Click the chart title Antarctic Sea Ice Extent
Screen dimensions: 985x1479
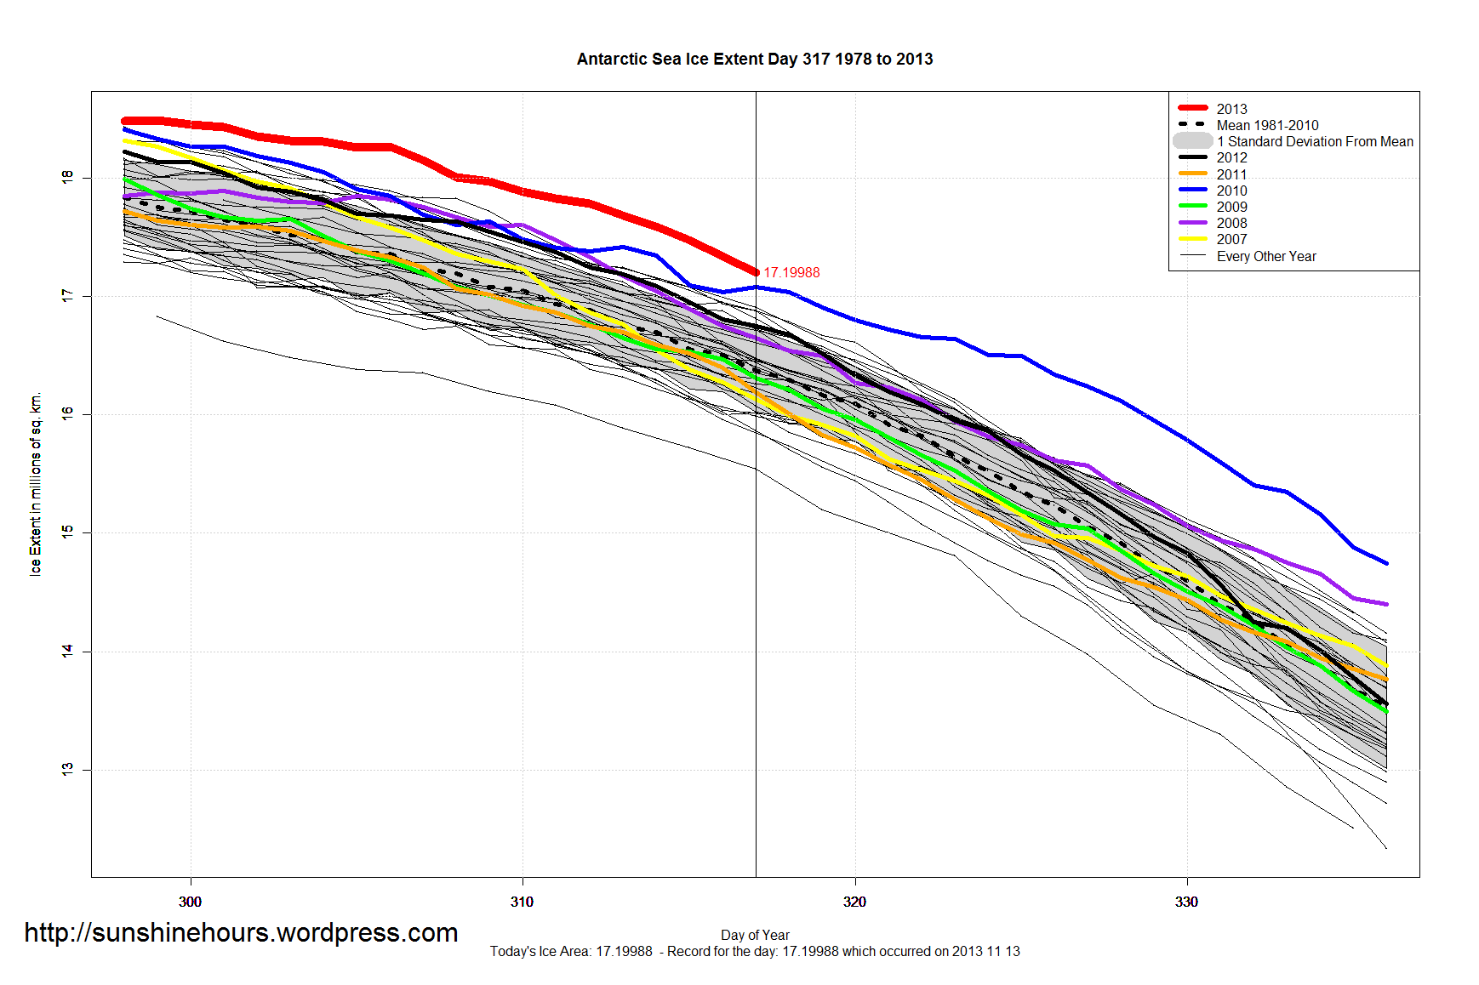point(754,60)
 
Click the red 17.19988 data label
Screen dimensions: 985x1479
point(791,272)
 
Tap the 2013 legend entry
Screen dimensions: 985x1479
point(1231,109)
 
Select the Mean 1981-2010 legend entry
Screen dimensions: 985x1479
point(1266,125)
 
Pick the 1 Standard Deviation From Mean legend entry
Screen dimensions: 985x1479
point(1314,141)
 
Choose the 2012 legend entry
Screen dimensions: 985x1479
point(1231,157)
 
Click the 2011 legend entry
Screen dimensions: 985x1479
point(1231,174)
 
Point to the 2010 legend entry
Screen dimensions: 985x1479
point(1231,191)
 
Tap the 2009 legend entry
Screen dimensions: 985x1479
point(1231,207)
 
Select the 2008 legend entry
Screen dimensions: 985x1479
point(1231,223)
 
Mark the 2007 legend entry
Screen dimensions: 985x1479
point(1231,239)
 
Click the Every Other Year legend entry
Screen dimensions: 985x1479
point(1265,256)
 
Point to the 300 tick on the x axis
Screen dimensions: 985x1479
point(190,902)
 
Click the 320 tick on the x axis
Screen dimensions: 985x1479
point(854,902)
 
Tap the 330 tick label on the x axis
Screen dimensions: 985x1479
point(1186,902)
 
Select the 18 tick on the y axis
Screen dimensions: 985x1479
point(67,177)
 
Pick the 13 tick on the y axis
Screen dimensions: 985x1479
point(67,769)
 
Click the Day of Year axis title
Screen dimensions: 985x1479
point(755,935)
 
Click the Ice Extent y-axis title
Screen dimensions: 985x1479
point(36,484)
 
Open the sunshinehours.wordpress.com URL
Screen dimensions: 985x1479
point(241,932)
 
